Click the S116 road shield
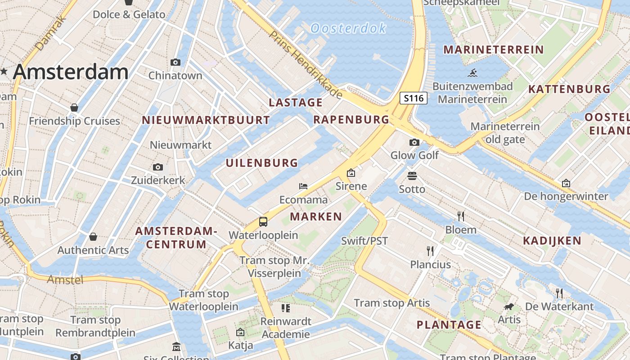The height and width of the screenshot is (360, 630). [414, 98]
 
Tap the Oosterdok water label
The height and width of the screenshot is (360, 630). [348, 28]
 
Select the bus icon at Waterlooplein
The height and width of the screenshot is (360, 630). [263, 222]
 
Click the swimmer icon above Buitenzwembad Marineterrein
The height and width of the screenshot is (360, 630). [472, 72]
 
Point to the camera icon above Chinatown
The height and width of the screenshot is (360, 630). [175, 62]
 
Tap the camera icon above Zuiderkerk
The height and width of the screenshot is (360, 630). [158, 167]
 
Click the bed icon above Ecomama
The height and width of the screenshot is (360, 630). [303, 186]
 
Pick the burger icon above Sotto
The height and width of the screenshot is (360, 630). [412, 175]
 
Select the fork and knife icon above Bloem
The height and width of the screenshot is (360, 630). [461, 216]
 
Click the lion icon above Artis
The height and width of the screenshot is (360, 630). [509, 306]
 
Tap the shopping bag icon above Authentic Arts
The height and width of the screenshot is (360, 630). [93, 237]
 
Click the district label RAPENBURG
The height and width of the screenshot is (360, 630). [351, 119]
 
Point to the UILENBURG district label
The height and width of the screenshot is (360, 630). [262, 163]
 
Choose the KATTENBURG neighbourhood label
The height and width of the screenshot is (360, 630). [569, 89]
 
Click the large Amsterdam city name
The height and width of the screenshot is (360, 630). [71, 72]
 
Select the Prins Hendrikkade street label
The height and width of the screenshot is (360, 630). [306, 65]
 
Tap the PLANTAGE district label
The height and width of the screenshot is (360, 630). [449, 324]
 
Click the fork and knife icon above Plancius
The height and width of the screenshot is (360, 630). [430, 251]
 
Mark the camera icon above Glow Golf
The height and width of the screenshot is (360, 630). [414, 143]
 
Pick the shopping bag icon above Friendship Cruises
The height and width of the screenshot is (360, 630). [74, 108]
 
